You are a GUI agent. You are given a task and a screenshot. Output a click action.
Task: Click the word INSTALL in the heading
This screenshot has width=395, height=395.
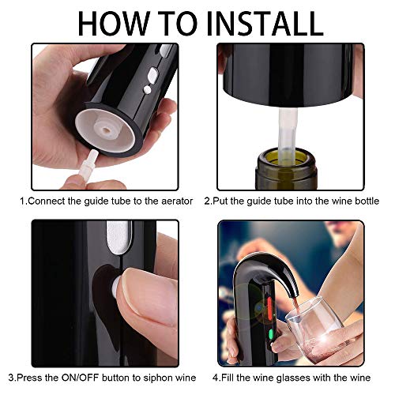(x=265, y=23)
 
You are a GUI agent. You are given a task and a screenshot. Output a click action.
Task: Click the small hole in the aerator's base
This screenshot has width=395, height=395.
(x=107, y=130)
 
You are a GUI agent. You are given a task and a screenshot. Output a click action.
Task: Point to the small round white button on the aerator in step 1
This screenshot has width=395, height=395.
(x=148, y=90)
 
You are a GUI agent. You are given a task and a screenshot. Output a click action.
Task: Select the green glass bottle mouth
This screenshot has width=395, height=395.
(x=286, y=168)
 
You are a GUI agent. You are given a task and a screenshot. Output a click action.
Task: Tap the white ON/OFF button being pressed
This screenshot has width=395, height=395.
(x=115, y=288)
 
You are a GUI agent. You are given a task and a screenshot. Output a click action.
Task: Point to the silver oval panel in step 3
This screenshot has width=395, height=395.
(x=119, y=236)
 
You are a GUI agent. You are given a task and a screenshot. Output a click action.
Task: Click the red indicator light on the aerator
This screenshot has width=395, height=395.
(x=269, y=307)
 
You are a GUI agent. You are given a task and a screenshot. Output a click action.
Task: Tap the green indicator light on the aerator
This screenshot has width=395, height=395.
(x=270, y=335)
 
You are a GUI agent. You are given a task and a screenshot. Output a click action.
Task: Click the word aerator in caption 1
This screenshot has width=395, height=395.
(x=177, y=201)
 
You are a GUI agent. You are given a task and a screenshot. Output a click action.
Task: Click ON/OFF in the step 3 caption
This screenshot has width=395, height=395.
(x=80, y=378)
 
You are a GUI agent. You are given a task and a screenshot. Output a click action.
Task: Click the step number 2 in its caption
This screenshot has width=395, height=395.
(x=207, y=201)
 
